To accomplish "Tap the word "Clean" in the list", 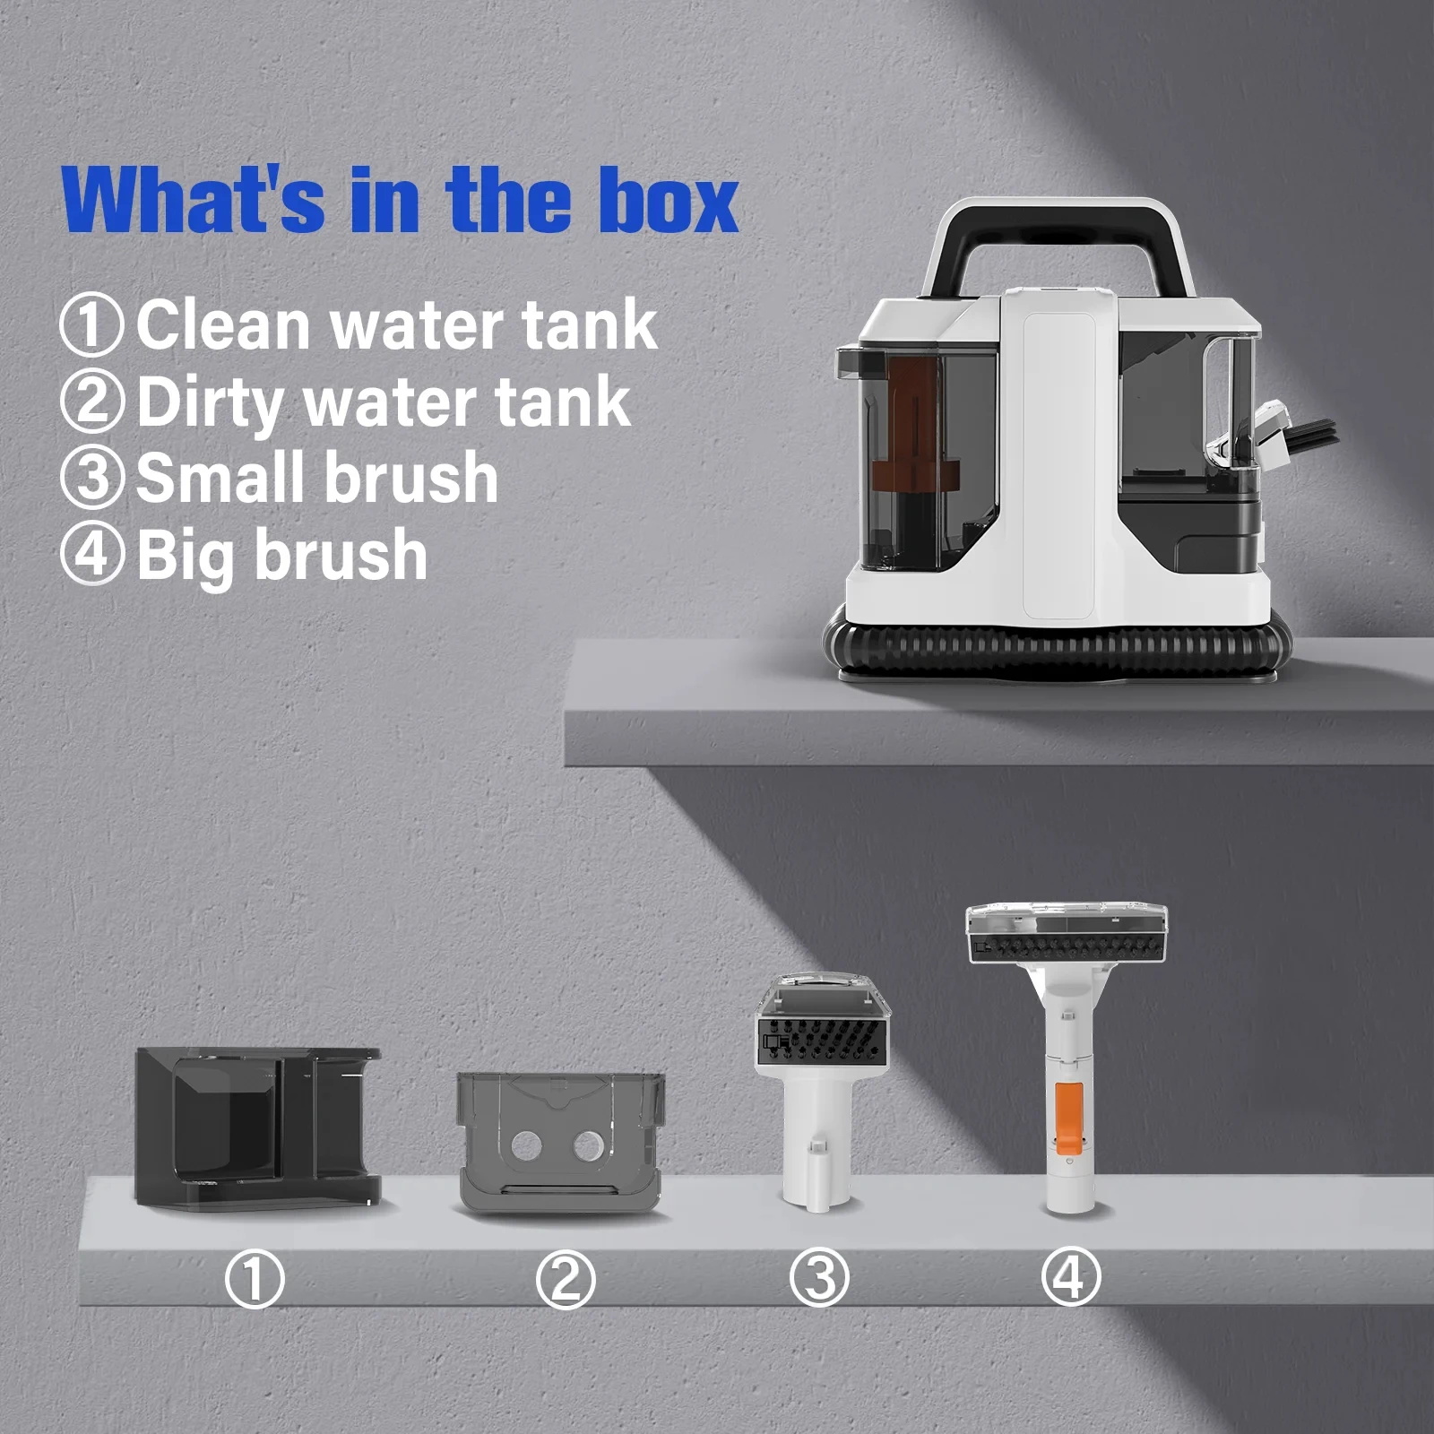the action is click(225, 324).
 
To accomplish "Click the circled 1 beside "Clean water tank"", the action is click(91, 324).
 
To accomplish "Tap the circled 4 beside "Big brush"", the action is click(91, 555).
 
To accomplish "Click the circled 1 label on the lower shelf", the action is click(255, 1279).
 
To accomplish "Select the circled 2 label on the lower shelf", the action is click(565, 1279).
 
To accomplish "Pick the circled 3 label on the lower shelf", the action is click(819, 1277).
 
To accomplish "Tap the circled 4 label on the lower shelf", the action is click(1070, 1275).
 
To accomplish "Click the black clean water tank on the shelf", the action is click(257, 1127).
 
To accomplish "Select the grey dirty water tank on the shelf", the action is click(562, 1142).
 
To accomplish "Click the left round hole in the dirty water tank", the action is click(526, 1145).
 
